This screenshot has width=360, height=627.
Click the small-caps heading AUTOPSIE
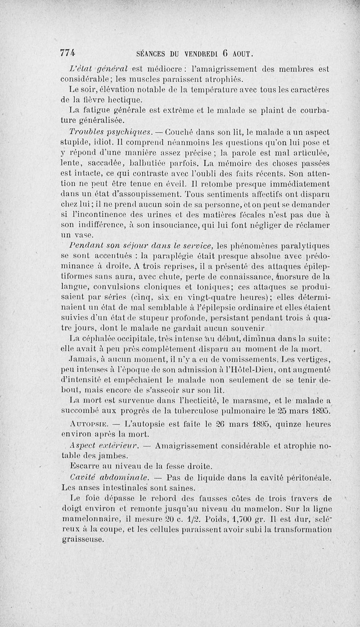[88, 424]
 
